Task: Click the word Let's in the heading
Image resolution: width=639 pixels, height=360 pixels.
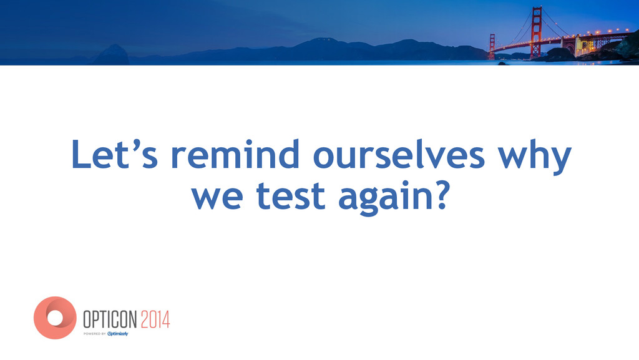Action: [115, 154]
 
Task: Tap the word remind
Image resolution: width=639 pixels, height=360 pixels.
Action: [241, 154]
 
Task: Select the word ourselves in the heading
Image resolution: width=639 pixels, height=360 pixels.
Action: [399, 154]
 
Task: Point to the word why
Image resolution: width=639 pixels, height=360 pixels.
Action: [535, 157]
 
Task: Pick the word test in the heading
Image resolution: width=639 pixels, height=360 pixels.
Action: [291, 195]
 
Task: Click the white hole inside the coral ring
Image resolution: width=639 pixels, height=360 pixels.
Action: [55, 318]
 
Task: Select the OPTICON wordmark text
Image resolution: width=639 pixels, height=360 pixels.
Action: [110, 319]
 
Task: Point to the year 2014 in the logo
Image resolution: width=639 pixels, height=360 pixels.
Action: [155, 319]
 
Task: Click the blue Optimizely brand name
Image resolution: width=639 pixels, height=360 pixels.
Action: [118, 334]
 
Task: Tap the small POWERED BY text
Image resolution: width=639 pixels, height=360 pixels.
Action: [95, 334]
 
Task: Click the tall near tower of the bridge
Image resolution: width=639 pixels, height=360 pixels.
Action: [536, 32]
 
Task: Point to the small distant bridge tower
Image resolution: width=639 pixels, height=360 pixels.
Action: [492, 46]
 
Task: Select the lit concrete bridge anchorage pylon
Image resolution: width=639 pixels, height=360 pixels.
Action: [578, 45]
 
